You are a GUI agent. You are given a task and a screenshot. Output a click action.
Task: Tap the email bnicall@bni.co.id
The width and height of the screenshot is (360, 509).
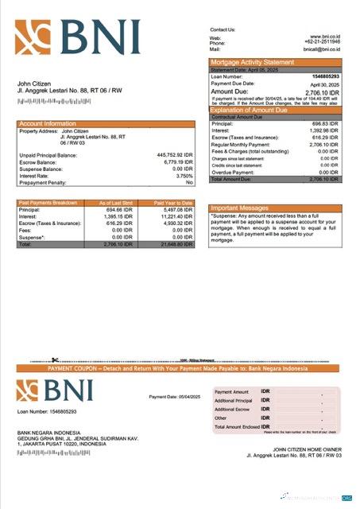322,49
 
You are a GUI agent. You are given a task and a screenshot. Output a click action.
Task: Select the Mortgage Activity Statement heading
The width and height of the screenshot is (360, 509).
252,62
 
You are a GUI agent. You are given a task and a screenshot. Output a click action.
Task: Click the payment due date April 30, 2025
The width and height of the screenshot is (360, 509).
324,84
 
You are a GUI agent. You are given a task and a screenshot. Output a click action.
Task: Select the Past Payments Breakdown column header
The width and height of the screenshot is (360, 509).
48,203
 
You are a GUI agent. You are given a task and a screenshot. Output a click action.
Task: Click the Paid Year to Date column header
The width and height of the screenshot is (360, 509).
173,203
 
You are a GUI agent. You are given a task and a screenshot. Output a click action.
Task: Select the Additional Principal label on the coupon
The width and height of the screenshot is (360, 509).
233,401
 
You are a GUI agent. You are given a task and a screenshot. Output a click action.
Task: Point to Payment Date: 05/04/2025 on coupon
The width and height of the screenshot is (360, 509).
175,396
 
